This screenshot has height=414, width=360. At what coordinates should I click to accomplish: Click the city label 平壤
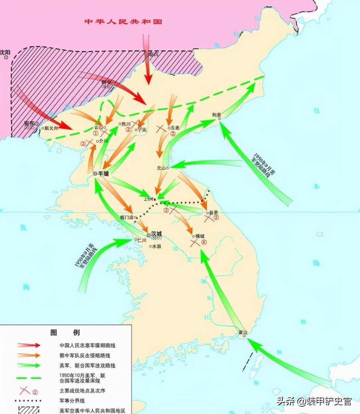click(103, 173)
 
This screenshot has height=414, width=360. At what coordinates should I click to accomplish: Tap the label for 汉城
click(156, 234)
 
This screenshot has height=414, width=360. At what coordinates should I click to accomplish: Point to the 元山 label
click(161, 168)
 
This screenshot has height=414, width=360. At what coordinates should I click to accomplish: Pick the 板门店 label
click(127, 217)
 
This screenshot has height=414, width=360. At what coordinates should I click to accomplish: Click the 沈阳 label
click(5, 52)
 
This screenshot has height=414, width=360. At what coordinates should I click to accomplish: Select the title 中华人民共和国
click(123, 22)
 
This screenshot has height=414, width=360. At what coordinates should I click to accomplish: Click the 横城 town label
click(200, 236)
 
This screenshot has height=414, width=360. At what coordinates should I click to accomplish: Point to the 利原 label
click(217, 115)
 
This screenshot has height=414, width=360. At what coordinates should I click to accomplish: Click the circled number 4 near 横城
click(204, 242)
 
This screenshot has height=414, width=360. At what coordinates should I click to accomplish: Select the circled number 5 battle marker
click(216, 218)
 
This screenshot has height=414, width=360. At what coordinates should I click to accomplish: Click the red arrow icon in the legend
click(29, 345)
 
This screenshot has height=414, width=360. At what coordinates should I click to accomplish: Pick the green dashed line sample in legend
click(29, 378)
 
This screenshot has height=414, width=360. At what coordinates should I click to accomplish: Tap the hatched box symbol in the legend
click(29, 410)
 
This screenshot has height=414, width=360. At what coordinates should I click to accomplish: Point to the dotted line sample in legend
click(29, 400)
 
